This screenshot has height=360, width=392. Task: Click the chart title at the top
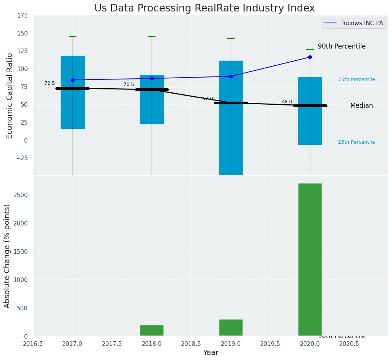coord(204,8)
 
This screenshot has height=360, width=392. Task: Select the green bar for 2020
coord(310,260)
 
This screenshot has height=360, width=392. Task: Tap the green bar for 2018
coord(152,331)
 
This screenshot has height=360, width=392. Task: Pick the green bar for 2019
coord(231,328)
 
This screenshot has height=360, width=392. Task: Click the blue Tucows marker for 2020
coord(310,57)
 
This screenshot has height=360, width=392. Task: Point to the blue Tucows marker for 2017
coord(73,80)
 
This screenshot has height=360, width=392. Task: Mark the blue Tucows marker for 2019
coord(231,76)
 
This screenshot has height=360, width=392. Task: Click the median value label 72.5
coord(50,83)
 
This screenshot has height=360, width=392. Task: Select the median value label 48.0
coord(287,102)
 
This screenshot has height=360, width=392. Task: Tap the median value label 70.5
coord(129,84)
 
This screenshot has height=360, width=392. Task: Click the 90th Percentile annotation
coord(342,46)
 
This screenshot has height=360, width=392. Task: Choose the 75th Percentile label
coord(356,79)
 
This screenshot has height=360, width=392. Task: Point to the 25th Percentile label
coord(356,142)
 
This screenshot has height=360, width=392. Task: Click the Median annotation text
coord(361,105)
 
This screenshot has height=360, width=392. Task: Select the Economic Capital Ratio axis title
coord(10,96)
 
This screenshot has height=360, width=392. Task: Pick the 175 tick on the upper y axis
coord(22,15)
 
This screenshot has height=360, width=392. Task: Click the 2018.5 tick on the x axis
coord(191,344)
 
